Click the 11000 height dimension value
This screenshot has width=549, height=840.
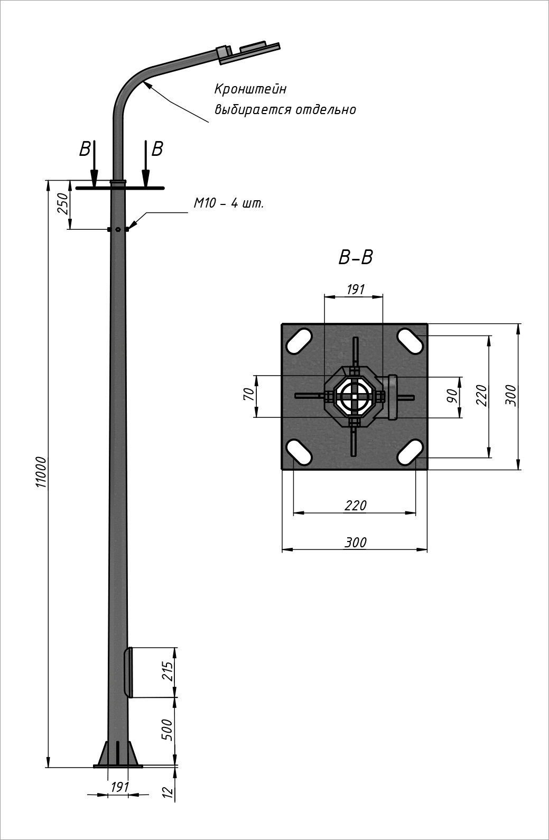(41, 472)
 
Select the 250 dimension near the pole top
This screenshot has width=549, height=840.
(63, 203)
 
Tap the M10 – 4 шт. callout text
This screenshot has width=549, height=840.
(229, 203)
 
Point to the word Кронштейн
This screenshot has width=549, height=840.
(250, 89)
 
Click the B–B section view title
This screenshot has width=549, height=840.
(356, 258)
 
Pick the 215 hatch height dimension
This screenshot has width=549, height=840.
(168, 671)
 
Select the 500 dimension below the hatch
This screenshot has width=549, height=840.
(168, 730)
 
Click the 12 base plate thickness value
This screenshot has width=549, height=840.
(169, 792)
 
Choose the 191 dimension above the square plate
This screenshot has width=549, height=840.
(356, 289)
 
